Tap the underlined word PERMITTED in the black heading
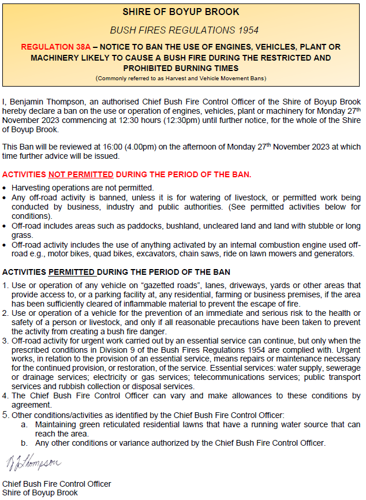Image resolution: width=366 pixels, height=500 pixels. (72, 272)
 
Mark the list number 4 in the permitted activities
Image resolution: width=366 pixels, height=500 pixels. (5, 395)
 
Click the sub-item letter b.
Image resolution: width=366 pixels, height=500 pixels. (24, 443)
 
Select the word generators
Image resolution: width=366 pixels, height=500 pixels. (332, 253)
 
